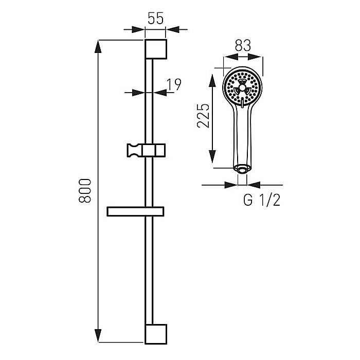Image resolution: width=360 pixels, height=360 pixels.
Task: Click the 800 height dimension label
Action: click(85, 191)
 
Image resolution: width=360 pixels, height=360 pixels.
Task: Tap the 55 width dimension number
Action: click(155, 19)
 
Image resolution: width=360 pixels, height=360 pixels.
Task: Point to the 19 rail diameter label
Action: click(174, 84)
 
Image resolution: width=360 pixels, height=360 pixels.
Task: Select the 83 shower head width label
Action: click(243, 45)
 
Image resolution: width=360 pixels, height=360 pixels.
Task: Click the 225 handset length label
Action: click(204, 116)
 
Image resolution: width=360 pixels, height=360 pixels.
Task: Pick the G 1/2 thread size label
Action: click(262, 200)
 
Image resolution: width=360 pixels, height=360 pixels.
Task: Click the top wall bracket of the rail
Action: click(156, 49)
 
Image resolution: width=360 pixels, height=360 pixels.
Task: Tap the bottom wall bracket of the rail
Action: click(156, 334)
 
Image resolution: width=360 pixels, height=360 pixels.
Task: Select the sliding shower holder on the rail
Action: click(146, 150)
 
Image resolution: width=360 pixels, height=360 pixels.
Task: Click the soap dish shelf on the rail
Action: click(135, 211)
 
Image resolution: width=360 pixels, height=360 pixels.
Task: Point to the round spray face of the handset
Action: click(242, 87)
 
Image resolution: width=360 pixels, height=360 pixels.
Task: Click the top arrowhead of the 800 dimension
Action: click(98, 47)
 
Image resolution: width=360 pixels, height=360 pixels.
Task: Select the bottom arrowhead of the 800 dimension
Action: click(98, 336)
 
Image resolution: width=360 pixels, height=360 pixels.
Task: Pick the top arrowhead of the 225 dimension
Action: click(212, 80)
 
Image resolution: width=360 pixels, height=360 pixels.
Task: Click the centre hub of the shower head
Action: click(242, 87)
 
